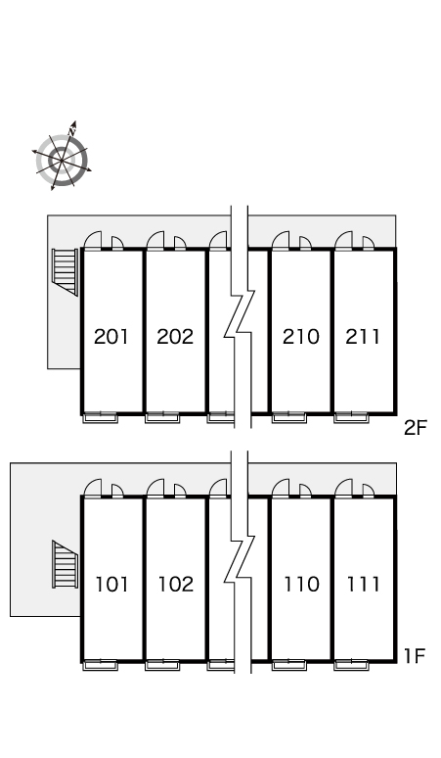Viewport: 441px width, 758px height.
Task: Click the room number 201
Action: tap(111, 337)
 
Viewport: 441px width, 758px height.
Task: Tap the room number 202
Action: tap(175, 337)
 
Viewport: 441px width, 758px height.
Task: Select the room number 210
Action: tap(300, 337)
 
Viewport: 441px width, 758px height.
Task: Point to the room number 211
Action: tap(363, 337)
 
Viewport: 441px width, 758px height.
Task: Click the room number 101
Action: tap(111, 584)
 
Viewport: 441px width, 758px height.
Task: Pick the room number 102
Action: tap(176, 584)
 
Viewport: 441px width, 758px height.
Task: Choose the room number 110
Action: tap(301, 584)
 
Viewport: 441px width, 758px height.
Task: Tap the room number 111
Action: tap(364, 584)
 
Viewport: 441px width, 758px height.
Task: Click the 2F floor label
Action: tap(416, 427)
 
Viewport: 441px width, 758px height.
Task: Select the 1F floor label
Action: tap(414, 655)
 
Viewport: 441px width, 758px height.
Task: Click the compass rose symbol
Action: tap(62, 156)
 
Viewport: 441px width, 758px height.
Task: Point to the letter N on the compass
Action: tap(72, 130)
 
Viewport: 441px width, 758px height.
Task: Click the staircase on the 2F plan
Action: tap(66, 271)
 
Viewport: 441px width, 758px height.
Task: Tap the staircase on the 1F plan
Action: tap(66, 564)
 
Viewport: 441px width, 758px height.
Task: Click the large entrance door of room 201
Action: tap(93, 240)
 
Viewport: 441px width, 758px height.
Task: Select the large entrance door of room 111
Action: tap(343, 488)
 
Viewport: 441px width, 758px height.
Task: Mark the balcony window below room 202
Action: tap(162, 417)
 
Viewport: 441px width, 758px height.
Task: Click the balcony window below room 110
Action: tap(289, 665)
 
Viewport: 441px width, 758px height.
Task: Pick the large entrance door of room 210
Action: tap(281, 240)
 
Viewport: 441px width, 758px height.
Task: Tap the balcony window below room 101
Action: tap(101, 665)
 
